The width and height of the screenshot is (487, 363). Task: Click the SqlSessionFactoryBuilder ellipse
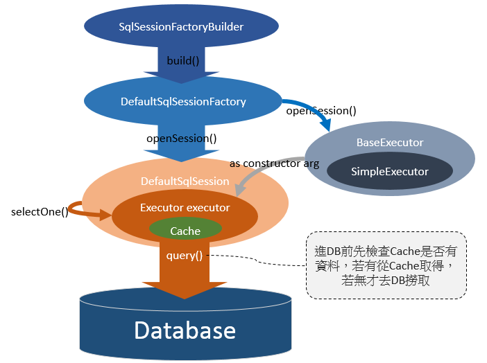tap(181, 27)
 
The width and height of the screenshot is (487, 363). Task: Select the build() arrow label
tap(183, 60)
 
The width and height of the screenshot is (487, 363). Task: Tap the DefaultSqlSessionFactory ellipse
tap(183, 101)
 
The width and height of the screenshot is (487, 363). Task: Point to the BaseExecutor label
tap(389, 143)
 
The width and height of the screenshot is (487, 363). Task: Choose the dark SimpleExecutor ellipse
tap(389, 172)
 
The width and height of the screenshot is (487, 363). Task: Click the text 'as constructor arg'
tap(275, 164)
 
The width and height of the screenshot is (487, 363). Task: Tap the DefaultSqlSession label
tap(185, 181)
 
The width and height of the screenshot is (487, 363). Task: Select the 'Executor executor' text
tap(185, 207)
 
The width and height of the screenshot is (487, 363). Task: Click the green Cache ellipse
tap(185, 231)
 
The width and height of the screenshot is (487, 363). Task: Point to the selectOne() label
tap(40, 211)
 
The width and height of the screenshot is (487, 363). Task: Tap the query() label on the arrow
tap(185, 256)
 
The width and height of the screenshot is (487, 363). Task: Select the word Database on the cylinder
tap(185, 330)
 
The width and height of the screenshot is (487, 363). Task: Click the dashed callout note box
tap(386, 265)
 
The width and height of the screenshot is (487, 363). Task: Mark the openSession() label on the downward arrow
tap(182, 138)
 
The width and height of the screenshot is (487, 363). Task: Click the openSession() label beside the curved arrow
tap(321, 110)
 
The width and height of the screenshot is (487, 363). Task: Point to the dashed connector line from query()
tap(257, 260)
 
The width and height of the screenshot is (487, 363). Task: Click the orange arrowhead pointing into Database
tap(185, 289)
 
